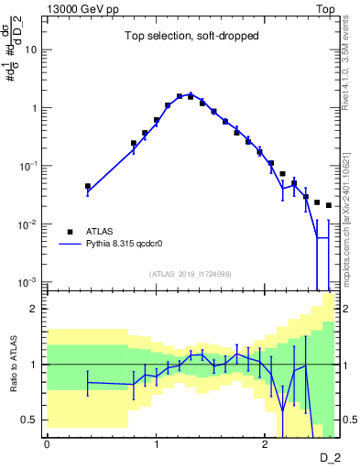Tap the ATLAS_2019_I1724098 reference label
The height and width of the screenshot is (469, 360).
pos(191,274)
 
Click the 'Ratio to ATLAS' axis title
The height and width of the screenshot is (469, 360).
pos(14,365)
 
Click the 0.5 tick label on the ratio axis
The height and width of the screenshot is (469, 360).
pos(29,420)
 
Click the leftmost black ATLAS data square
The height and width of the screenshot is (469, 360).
pos(88,186)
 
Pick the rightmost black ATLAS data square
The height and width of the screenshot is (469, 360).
pos(329,205)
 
